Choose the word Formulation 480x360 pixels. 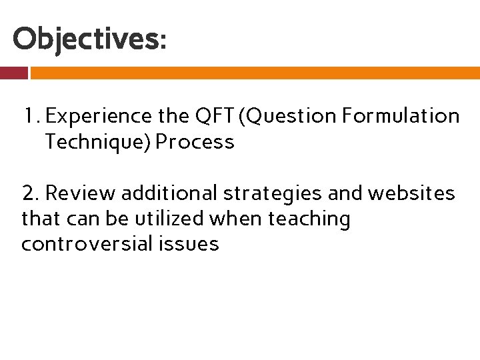pyautogui.click(x=401, y=117)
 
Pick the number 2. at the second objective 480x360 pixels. pyautogui.click(x=31, y=193)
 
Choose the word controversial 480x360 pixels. pyautogui.click(x=87, y=244)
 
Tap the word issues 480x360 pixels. pyautogui.click(x=189, y=244)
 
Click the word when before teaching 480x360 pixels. pyautogui.click(x=248, y=219)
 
